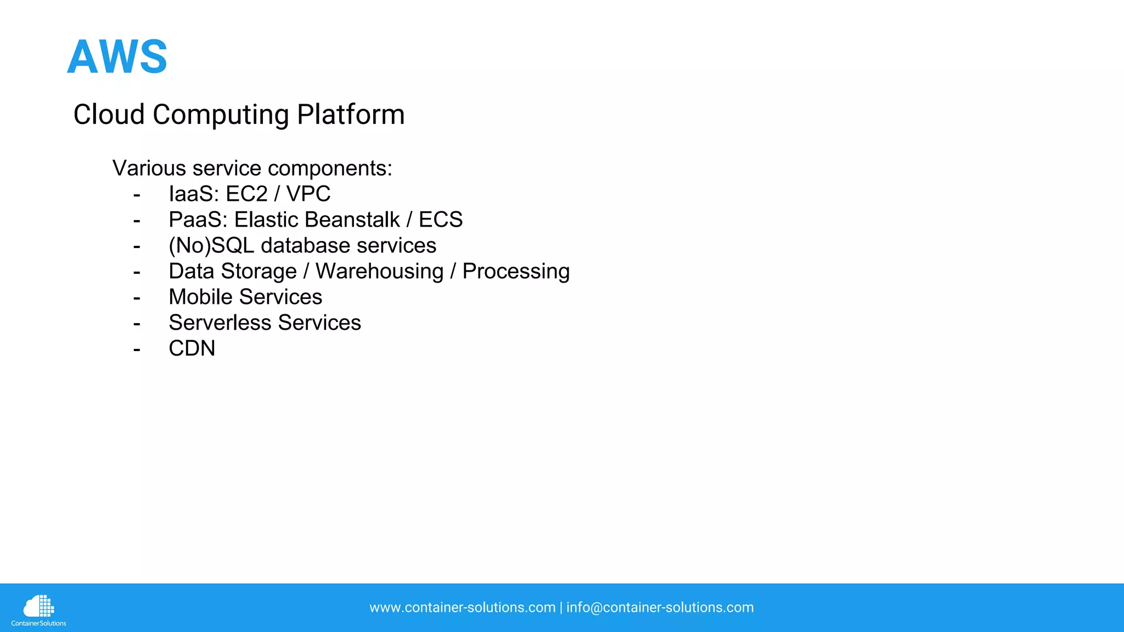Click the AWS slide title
coord(117,57)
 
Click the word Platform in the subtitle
coord(351,115)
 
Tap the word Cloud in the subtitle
coord(109,115)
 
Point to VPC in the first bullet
coord(308,194)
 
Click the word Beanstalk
coord(352,219)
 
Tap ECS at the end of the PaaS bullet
coord(441,219)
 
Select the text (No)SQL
coord(211,245)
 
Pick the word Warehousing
coord(379,271)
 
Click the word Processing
coord(516,271)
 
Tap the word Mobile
coord(200,297)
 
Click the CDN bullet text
coord(192,348)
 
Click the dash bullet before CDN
coord(137,349)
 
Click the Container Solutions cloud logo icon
coord(38,606)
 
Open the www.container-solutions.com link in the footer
coord(462,607)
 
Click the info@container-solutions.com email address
coord(660,607)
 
